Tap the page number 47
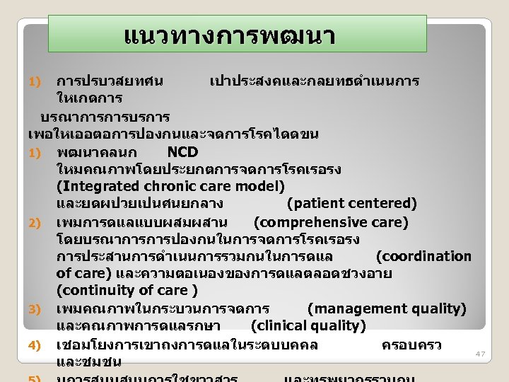click(x=481, y=353)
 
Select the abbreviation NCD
click(x=182, y=152)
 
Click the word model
click(x=259, y=187)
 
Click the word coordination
click(x=424, y=256)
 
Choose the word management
click(x=356, y=308)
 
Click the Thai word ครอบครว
click(x=411, y=345)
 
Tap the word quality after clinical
click(x=338, y=326)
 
